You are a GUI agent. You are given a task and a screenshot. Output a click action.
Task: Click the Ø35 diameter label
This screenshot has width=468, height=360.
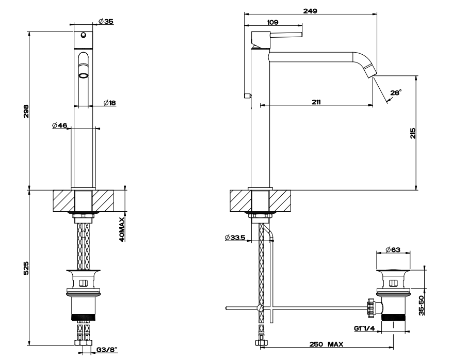pos(106,21)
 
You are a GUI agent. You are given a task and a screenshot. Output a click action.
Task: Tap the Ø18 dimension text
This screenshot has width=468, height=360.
pos(109,103)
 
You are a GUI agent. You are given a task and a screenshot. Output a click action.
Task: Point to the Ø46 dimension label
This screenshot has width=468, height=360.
pos(60,125)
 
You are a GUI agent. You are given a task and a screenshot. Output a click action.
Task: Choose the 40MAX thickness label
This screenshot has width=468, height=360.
pos(122,230)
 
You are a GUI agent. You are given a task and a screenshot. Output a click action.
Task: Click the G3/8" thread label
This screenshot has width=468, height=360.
pos(107,350)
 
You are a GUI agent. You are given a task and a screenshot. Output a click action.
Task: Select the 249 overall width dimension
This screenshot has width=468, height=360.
pos(310,10)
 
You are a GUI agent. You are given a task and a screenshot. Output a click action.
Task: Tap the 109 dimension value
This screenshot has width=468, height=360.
pos(273,22)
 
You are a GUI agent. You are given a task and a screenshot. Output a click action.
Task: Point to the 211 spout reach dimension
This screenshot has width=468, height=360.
pos(316,102)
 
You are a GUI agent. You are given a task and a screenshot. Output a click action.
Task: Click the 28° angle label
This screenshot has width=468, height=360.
pos(396,92)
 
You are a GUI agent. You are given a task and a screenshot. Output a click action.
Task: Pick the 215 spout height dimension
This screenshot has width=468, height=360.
pos(412,133)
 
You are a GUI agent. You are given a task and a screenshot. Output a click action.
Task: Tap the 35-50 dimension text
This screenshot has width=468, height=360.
pos(422,305)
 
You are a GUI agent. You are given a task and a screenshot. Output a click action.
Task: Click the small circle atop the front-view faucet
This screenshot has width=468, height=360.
pos(83,36)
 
